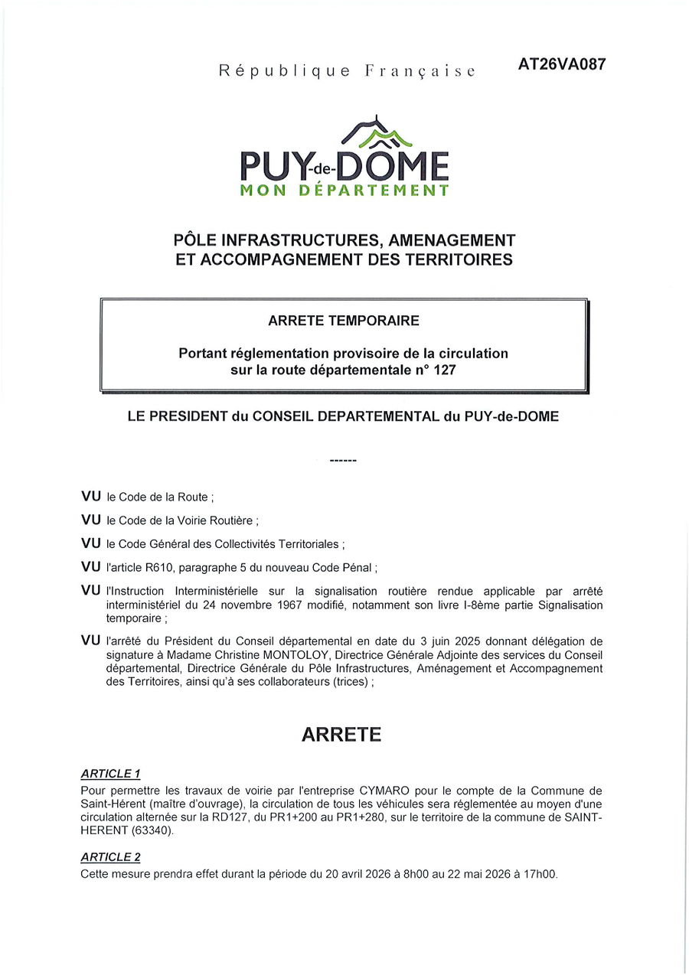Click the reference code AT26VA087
561,65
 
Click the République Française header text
347,71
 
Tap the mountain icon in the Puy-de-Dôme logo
377,134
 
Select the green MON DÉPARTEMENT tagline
344,191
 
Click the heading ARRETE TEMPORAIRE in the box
344,321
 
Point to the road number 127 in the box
444,370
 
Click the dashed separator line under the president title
343,461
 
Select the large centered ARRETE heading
341,735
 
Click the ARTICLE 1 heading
110,774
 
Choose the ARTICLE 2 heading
110,857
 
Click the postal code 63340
153,831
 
